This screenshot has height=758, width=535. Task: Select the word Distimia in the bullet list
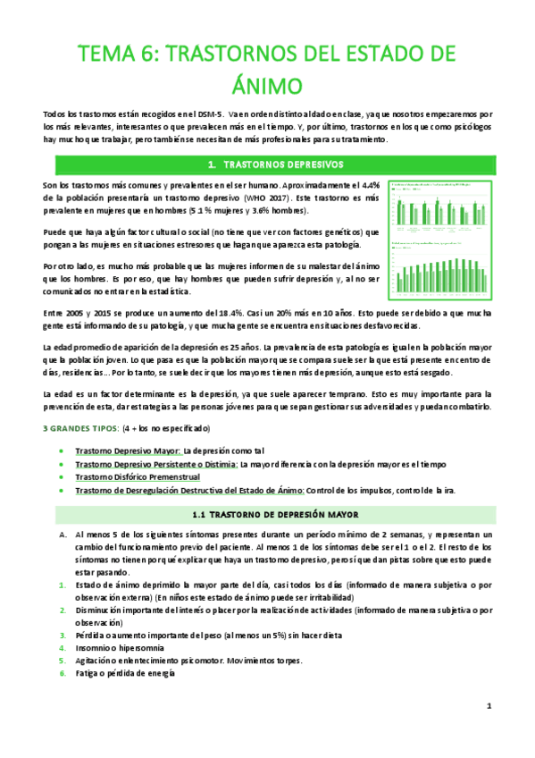coord(216,465)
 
